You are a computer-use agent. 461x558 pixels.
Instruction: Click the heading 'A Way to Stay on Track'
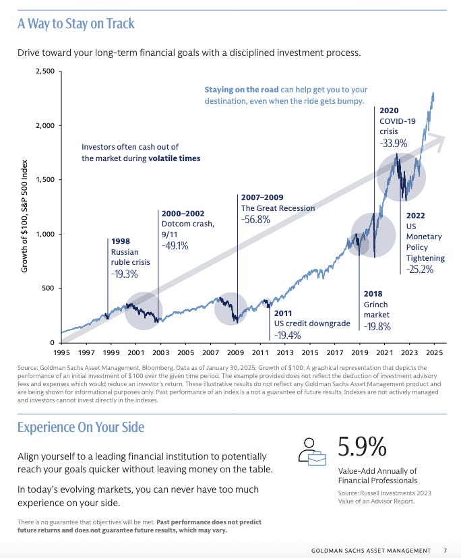(x=75, y=24)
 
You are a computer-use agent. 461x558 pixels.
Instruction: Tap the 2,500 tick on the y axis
(x=45, y=71)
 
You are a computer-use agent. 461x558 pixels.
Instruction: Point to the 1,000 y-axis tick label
(x=45, y=235)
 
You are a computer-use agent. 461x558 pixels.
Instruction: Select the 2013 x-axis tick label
(x=284, y=352)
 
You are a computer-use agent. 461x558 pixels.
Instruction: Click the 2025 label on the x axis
(x=433, y=352)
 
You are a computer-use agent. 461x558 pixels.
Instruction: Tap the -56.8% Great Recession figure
(x=256, y=220)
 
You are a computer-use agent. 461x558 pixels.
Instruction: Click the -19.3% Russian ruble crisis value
(x=125, y=274)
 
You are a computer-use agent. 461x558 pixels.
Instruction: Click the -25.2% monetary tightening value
(x=420, y=270)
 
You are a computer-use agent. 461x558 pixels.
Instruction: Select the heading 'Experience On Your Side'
(x=80, y=427)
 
